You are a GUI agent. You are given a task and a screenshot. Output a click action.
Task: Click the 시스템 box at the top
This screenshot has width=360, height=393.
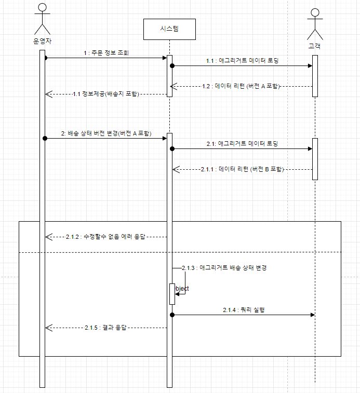click(x=169, y=29)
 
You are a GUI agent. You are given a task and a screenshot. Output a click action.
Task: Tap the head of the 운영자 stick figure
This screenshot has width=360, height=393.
click(x=43, y=7)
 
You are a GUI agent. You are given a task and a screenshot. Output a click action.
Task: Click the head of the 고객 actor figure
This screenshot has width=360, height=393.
click(x=315, y=12)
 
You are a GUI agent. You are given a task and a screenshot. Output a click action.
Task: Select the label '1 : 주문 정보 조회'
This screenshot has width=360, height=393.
click(x=106, y=53)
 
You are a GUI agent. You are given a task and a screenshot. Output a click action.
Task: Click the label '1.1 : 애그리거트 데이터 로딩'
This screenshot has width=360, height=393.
click(x=243, y=61)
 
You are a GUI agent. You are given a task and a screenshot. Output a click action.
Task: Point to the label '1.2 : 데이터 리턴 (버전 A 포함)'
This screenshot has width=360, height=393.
click(x=241, y=86)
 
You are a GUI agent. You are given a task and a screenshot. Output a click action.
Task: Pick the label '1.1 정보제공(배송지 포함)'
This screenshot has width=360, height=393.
click(x=106, y=94)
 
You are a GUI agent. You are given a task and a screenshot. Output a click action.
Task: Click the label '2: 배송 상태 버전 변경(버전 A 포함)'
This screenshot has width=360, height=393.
click(x=106, y=133)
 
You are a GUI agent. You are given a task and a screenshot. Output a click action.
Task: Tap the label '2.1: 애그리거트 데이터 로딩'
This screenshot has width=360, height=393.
click(x=243, y=144)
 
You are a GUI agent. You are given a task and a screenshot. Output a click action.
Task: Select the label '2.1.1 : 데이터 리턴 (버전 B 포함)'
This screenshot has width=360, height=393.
click(x=243, y=169)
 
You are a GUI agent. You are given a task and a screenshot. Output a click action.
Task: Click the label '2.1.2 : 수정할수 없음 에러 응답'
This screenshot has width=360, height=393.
click(x=105, y=237)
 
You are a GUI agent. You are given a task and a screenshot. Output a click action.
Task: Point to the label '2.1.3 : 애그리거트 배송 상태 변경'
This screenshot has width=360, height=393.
click(x=224, y=268)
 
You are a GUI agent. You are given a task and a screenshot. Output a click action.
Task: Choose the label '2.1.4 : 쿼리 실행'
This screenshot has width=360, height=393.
click(x=244, y=310)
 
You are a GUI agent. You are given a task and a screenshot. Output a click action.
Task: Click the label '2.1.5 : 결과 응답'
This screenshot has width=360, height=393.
click(x=105, y=328)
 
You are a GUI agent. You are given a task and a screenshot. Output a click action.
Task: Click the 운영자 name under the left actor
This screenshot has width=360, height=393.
click(x=43, y=41)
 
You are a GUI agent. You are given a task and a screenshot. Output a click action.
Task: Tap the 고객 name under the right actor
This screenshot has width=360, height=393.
click(x=315, y=46)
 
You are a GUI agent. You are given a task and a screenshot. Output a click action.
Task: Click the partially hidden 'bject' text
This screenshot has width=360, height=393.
click(x=182, y=289)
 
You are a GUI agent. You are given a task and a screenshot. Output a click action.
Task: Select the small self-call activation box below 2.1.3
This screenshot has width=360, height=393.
click(x=172, y=294)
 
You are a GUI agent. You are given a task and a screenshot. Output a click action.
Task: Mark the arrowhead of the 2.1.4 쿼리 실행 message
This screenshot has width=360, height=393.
click(x=313, y=315)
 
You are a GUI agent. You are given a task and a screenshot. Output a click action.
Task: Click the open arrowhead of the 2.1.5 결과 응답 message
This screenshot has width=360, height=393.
click(x=49, y=328)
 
